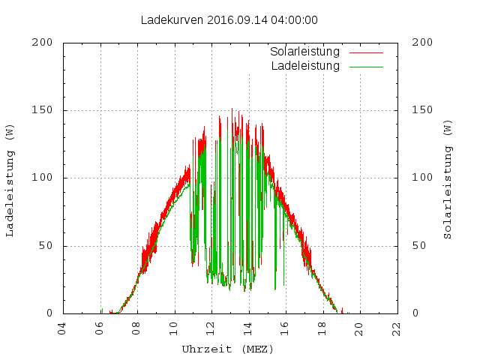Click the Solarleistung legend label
[x=305, y=52]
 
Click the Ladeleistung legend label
[x=305, y=66]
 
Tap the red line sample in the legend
[x=365, y=53]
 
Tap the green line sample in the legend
[x=365, y=67]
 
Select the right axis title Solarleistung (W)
[x=448, y=178]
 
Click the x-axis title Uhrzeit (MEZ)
[x=228, y=349]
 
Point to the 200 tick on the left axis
[x=42, y=43]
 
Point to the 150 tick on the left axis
[x=42, y=110]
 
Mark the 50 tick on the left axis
[x=45, y=246]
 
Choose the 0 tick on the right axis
[x=416, y=313]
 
